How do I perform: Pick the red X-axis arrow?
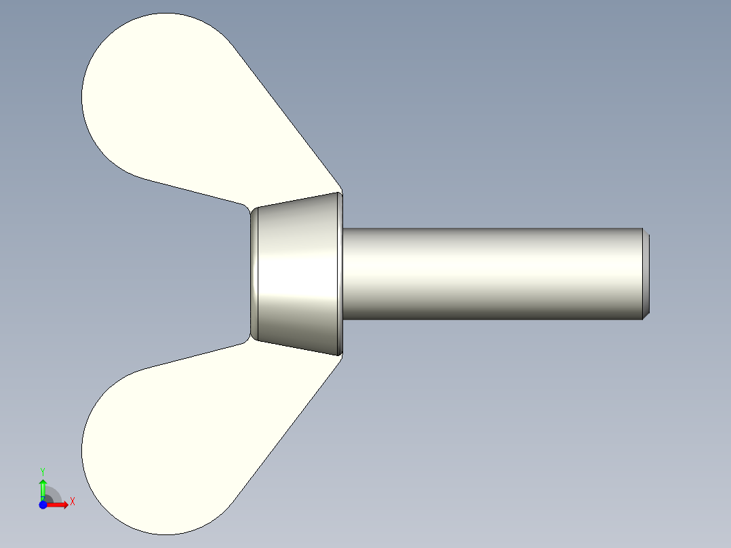60,505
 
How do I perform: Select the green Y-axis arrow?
43,487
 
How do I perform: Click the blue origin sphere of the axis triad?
43,505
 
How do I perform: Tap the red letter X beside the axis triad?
72,501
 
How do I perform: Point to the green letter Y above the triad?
43,471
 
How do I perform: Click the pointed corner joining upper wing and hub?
341,191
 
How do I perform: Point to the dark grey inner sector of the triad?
49,500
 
